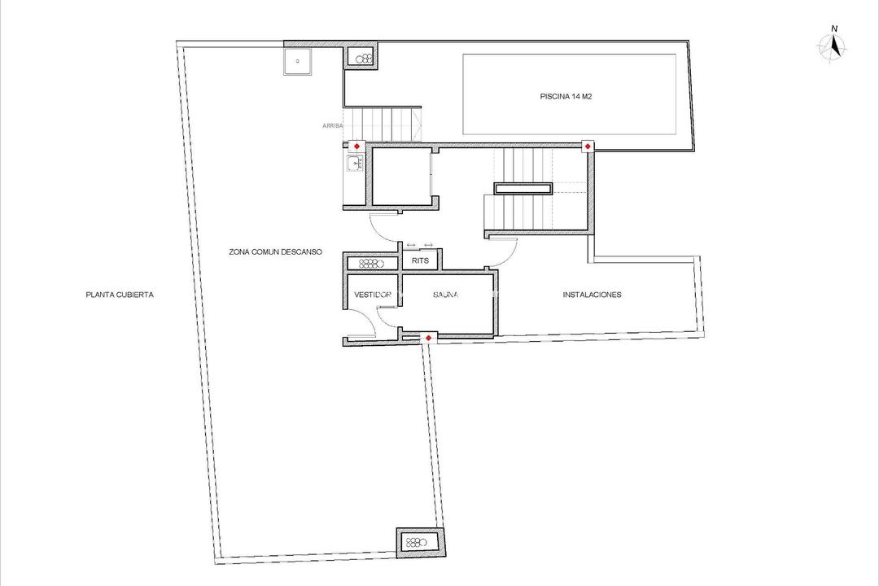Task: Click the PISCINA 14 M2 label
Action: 570,96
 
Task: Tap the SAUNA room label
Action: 445,295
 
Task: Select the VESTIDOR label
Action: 370,295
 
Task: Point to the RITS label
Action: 421,261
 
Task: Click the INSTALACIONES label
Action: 592,295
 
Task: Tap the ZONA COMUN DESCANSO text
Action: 275,252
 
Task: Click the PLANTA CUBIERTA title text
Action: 119,295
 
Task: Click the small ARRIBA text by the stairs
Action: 332,126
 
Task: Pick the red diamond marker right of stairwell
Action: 587,146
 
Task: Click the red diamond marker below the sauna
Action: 429,337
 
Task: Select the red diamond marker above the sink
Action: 355,146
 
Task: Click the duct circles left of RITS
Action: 371,264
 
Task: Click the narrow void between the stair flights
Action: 525,189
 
